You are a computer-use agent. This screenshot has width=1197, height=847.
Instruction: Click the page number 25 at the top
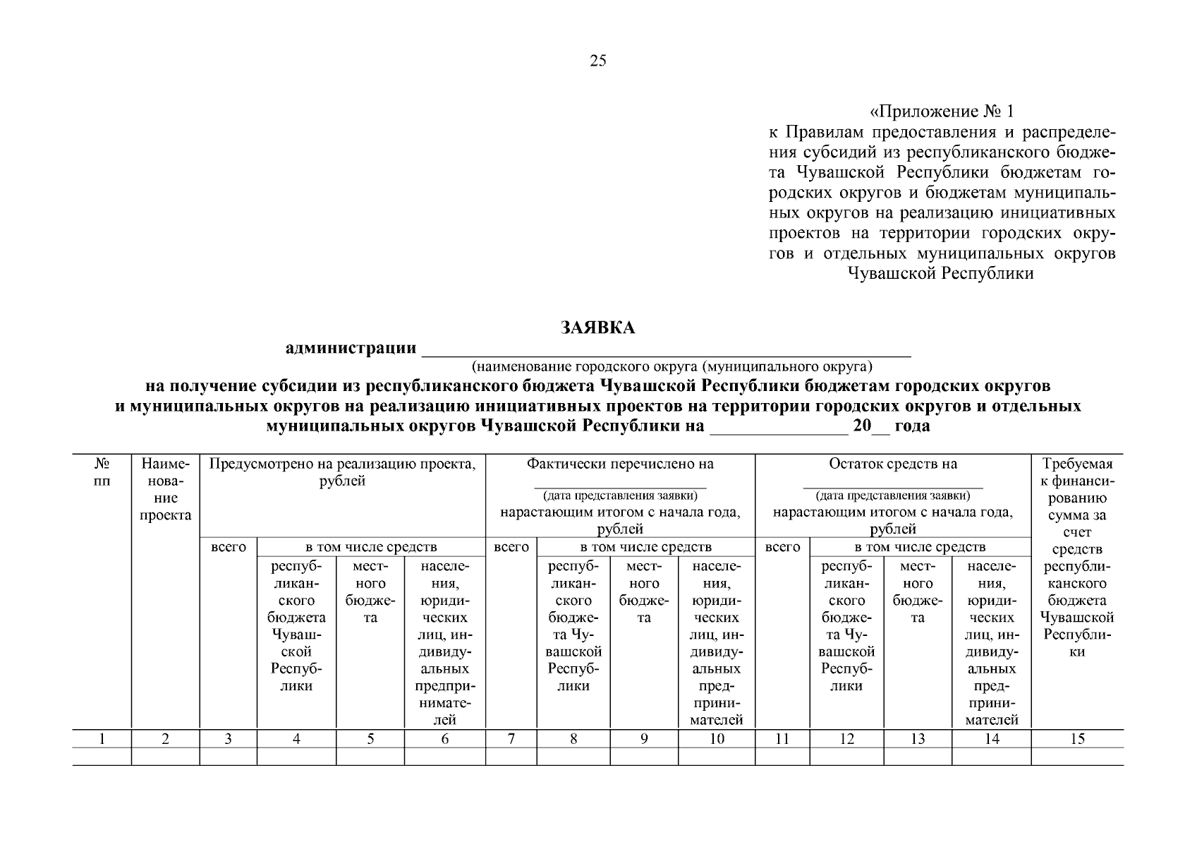[597, 61]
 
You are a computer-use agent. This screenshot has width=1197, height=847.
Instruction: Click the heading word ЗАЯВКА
[597, 328]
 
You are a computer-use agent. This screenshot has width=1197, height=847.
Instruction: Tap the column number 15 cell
[1077, 739]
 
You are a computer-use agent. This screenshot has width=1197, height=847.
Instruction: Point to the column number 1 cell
[102, 739]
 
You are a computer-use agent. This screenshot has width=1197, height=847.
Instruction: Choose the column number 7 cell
[511, 739]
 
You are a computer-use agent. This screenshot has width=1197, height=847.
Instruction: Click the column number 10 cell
[716, 739]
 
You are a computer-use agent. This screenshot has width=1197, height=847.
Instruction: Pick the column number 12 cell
[846, 739]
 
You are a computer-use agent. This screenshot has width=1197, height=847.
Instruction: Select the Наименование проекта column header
[165, 490]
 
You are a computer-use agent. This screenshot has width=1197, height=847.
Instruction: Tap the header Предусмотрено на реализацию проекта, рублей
[343, 472]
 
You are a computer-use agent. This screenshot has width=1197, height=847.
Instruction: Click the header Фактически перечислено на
[620, 464]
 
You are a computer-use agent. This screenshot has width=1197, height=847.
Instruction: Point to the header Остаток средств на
[893, 464]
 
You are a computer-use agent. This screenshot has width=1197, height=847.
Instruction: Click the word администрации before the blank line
[350, 348]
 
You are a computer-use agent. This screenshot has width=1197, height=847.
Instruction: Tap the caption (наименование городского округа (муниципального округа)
[672, 367]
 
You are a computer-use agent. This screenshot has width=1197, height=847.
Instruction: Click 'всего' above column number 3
[229, 547]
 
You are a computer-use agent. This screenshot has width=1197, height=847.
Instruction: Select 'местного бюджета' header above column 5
[370, 592]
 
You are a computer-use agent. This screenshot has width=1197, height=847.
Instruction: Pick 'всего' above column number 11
[782, 547]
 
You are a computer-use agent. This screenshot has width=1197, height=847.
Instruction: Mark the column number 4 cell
[296, 739]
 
